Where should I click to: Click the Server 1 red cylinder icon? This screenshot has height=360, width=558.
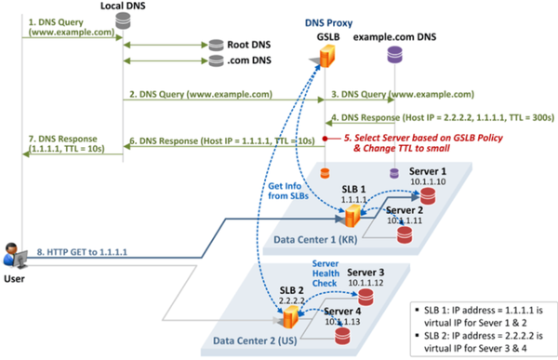coord(427,198)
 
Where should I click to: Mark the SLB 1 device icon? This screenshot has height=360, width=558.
coord(352,218)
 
